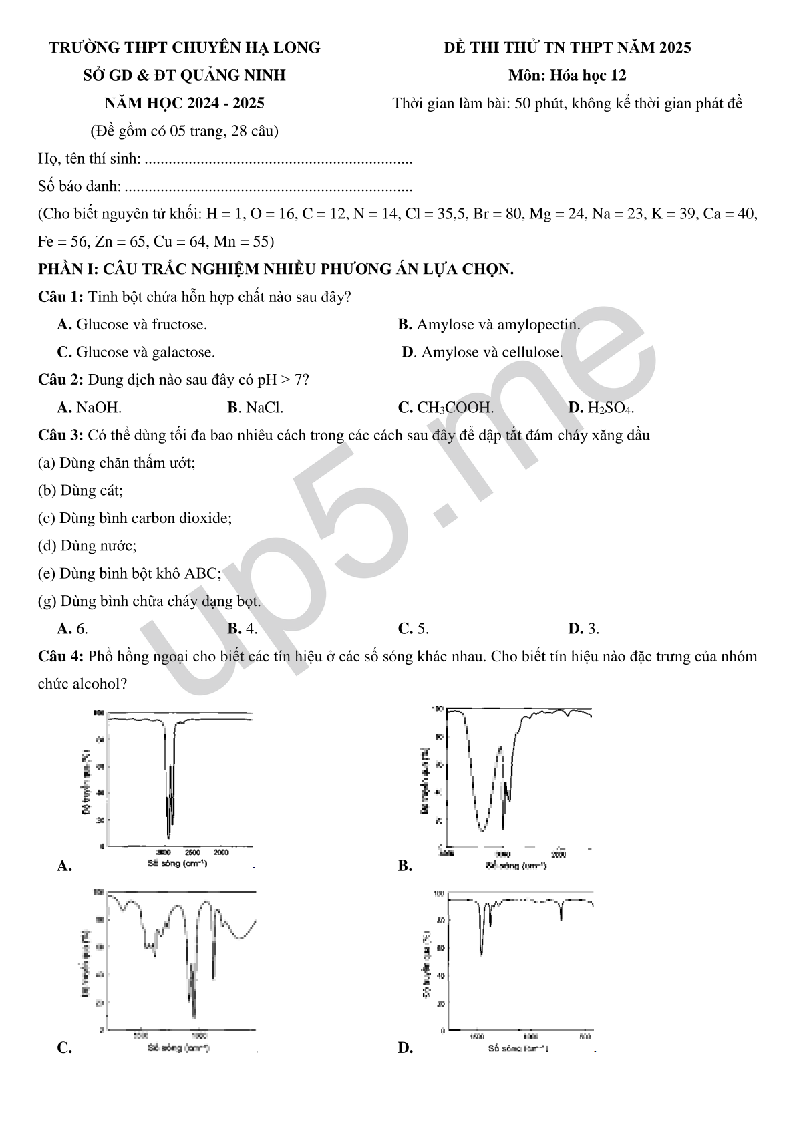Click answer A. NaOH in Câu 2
click(90, 408)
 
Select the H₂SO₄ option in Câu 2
click(601, 408)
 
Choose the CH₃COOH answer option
click(446, 408)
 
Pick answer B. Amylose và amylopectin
click(488, 325)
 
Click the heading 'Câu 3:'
click(60, 436)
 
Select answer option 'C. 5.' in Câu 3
click(414, 629)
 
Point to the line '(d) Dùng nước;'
click(87, 546)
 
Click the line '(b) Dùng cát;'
click(80, 490)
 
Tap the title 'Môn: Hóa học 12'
click(567, 75)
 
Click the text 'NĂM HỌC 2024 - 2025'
click(184, 103)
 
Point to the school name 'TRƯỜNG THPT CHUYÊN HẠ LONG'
click(185, 48)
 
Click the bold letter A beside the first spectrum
click(64, 866)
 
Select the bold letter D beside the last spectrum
click(405, 1048)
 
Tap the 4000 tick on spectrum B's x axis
click(446, 854)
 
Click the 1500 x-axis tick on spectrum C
click(140, 1036)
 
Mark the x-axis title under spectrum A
click(177, 863)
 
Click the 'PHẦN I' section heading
click(275, 269)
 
